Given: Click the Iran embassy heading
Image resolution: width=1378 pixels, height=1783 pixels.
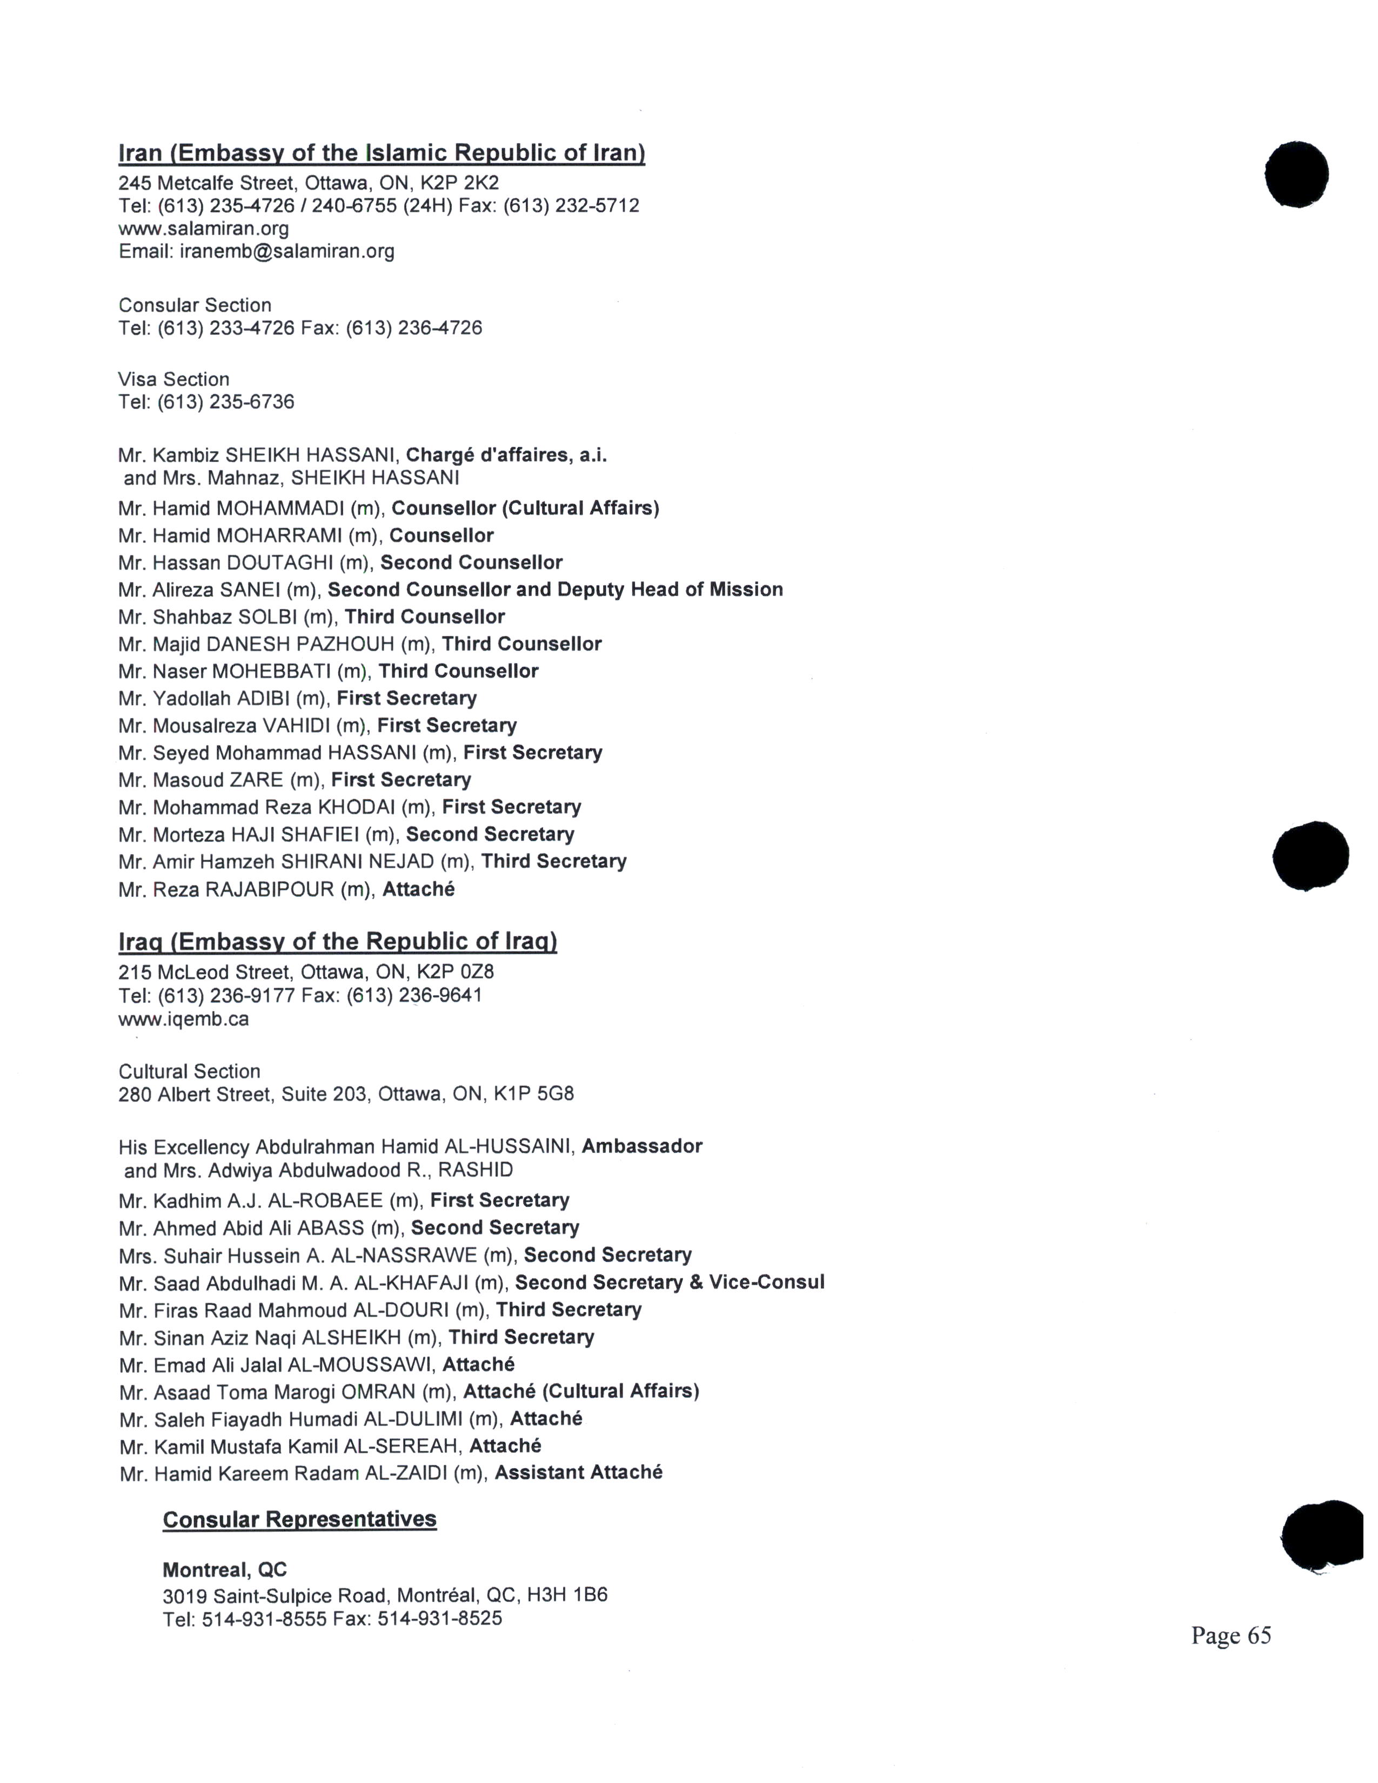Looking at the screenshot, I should point(381,153).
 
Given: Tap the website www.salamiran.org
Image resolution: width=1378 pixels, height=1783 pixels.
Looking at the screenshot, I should point(203,228).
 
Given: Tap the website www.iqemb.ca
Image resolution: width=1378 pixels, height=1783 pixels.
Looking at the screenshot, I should point(184,1019).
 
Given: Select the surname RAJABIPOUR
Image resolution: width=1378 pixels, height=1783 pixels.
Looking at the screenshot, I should point(270,889).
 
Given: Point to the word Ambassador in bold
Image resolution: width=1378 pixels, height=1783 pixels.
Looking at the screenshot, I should point(641,1145).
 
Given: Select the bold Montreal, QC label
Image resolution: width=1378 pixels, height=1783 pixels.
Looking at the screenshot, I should point(224,1569).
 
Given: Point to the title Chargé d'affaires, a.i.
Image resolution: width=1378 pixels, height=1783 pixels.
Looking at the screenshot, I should point(506,455).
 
